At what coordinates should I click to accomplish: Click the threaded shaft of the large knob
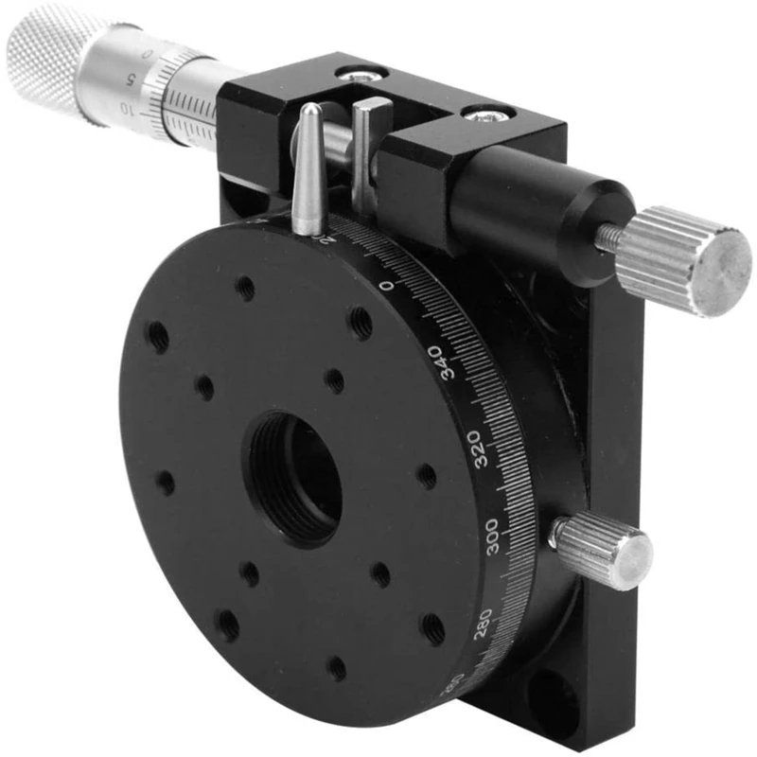(610, 238)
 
